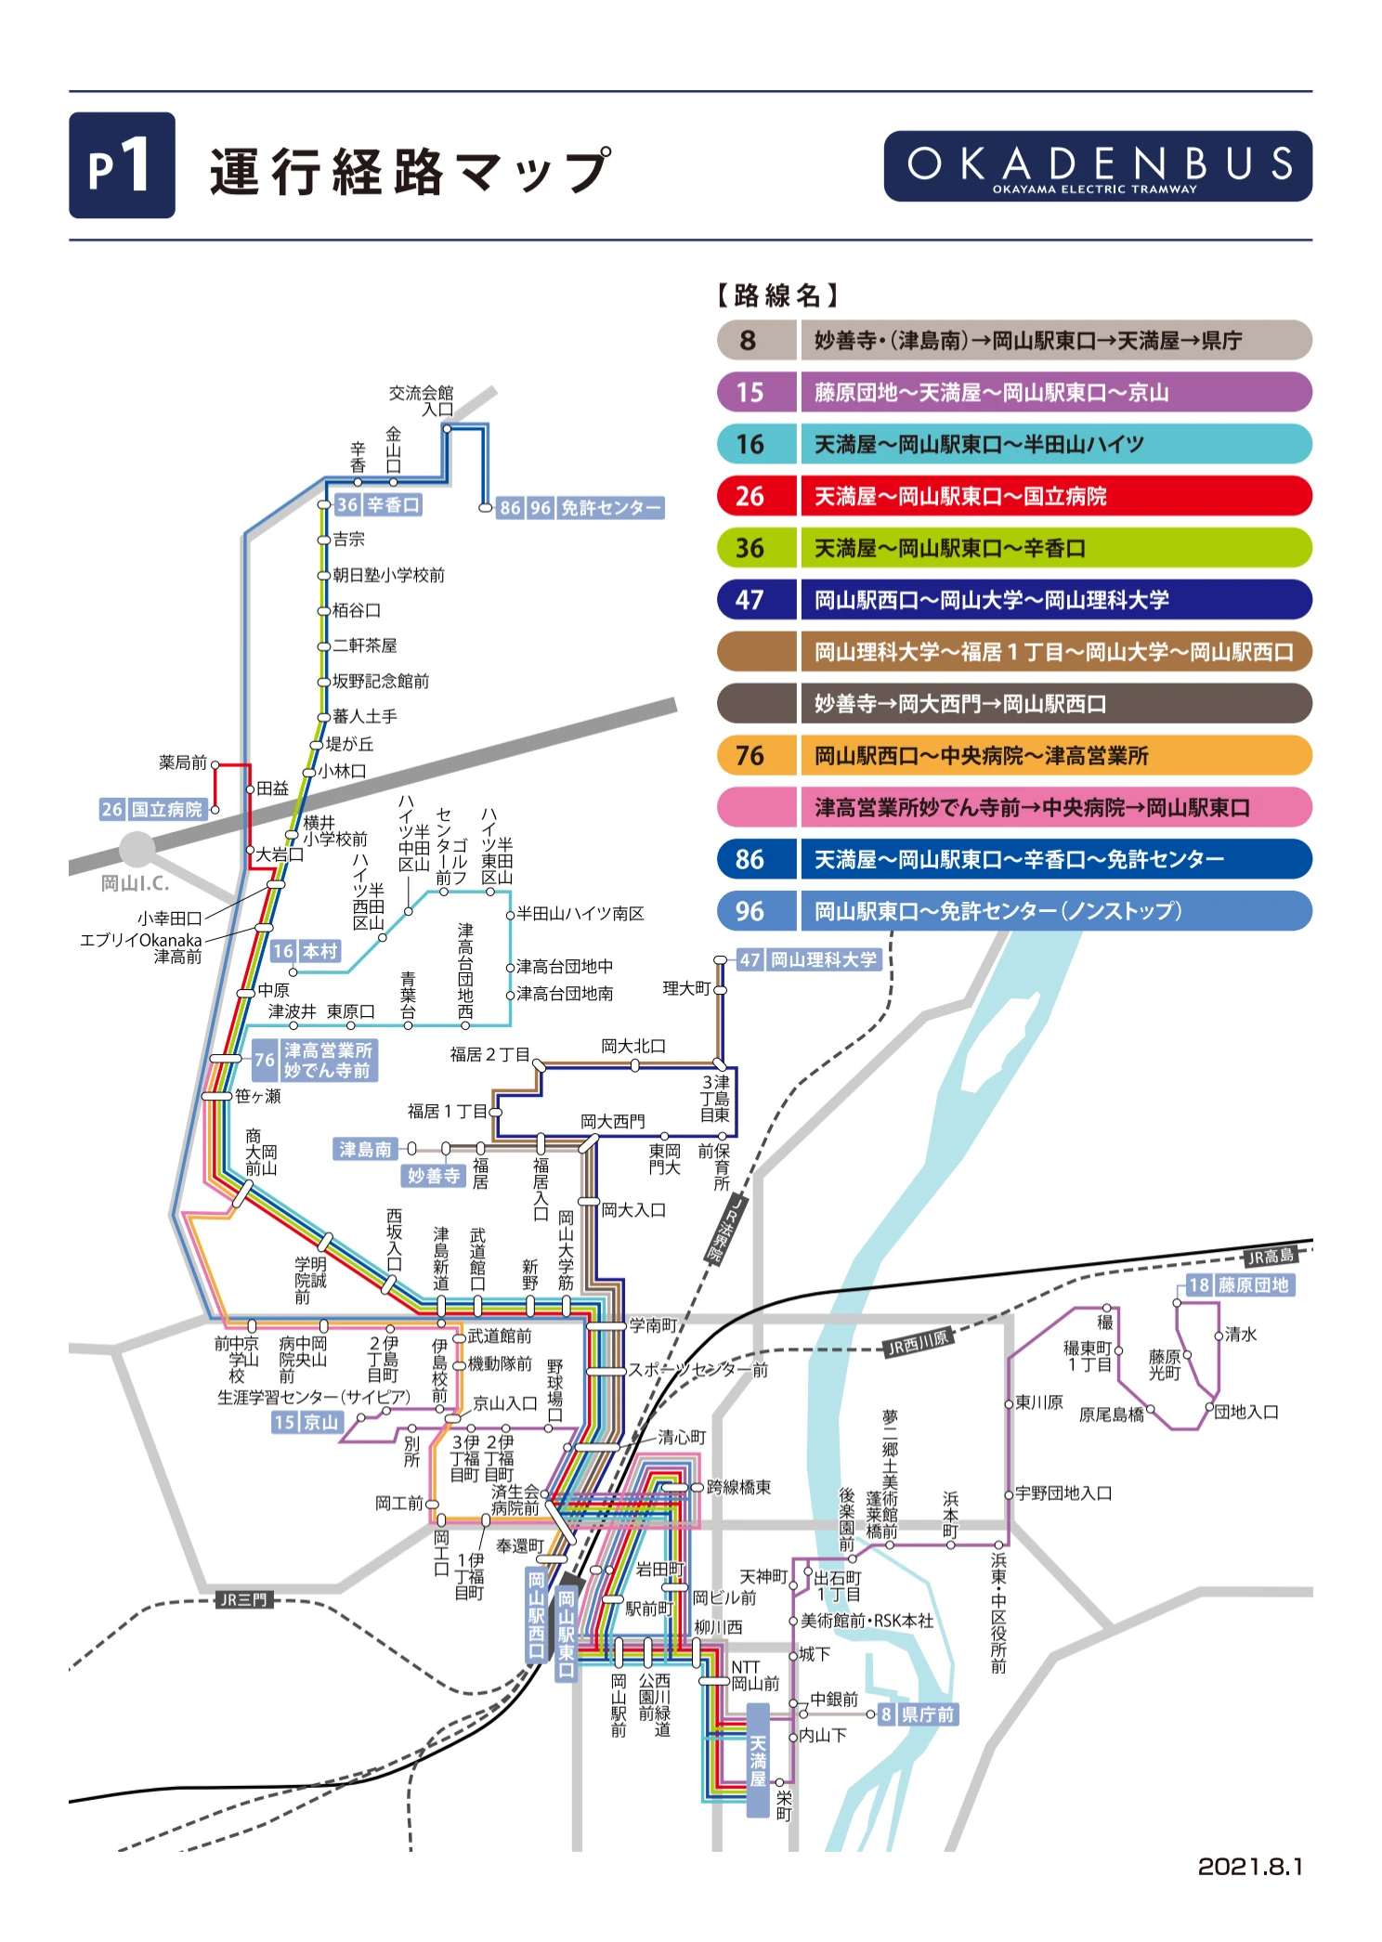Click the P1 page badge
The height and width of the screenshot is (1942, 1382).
[x=122, y=165]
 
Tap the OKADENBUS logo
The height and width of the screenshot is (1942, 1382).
[x=1097, y=166]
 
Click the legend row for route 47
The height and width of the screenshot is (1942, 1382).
[x=1013, y=600]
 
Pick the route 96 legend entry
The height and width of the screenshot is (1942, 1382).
[x=1013, y=911]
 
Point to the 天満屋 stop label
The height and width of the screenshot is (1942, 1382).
[x=758, y=1760]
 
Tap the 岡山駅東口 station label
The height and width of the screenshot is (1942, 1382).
[x=567, y=1634]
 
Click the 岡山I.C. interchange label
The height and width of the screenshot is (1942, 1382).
[x=135, y=883]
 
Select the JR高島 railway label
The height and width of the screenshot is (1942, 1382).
[x=1270, y=1257]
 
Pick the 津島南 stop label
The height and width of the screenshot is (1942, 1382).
[x=366, y=1150]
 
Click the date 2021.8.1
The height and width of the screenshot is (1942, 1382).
[x=1250, y=1866]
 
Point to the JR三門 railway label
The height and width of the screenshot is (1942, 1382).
[x=242, y=1599]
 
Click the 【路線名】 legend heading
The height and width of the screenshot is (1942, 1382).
[x=777, y=295]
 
